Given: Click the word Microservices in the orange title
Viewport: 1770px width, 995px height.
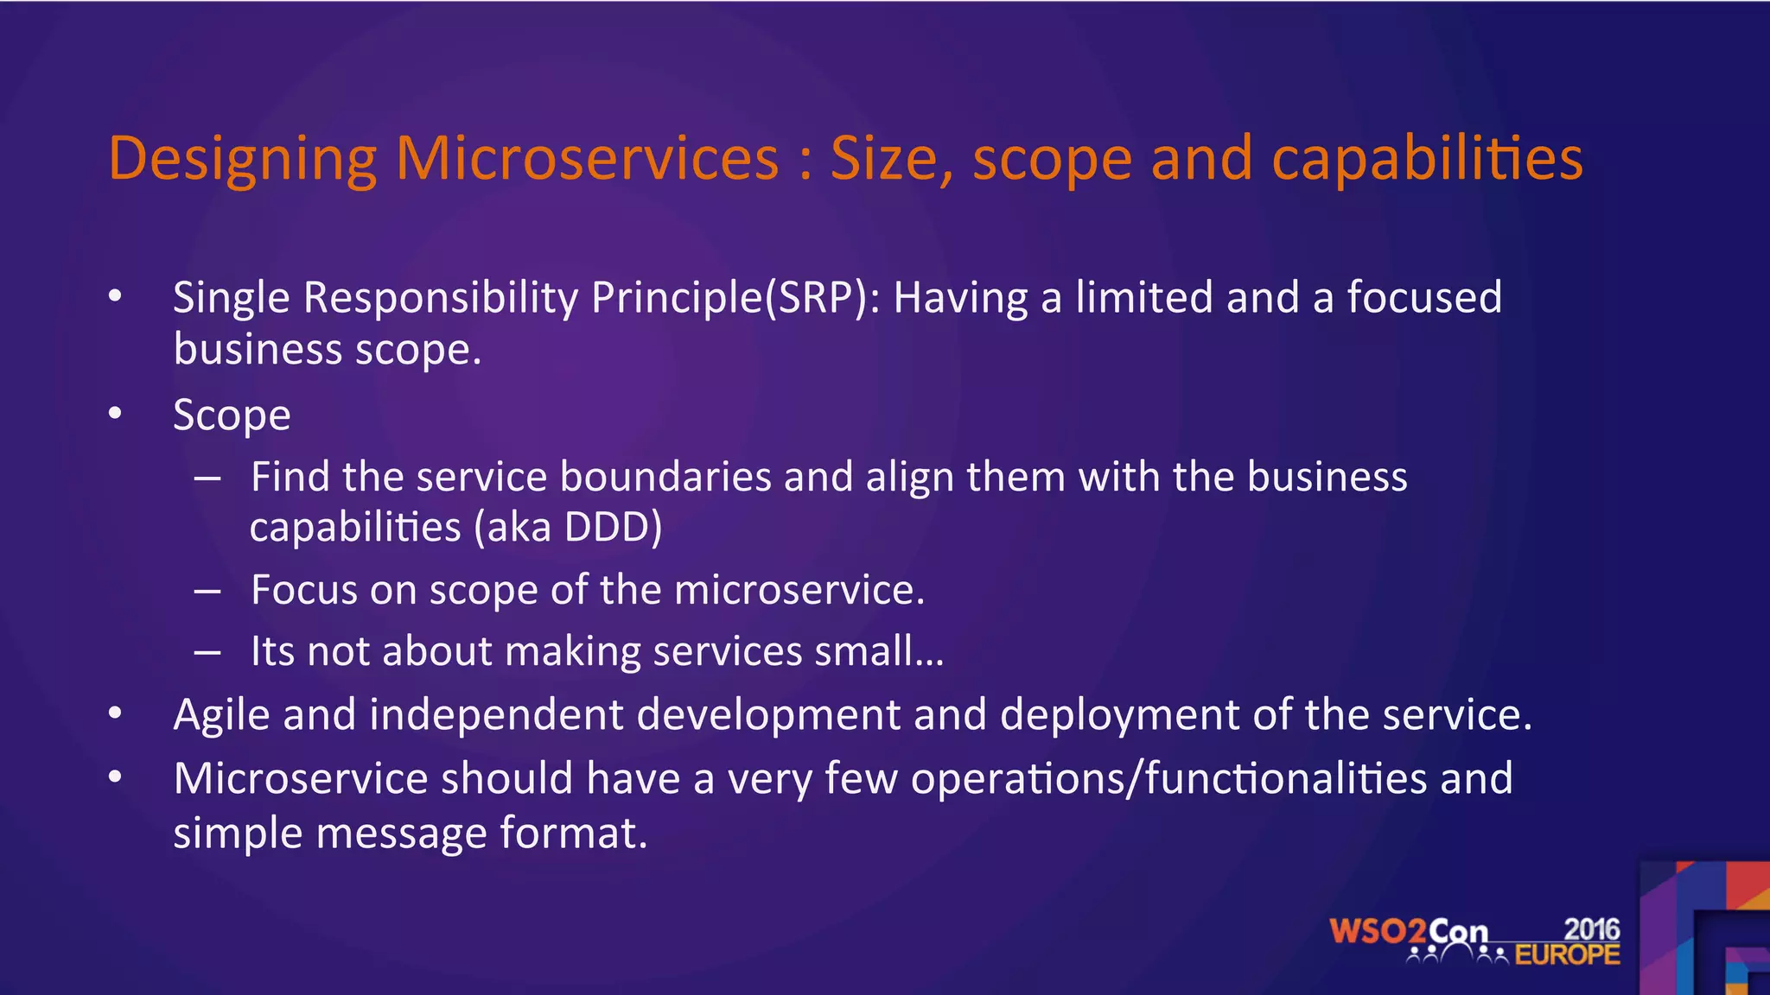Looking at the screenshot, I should (587, 159).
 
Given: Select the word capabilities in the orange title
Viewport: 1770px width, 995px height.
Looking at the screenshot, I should (1427, 159).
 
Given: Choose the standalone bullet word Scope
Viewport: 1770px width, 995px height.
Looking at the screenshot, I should (232, 415).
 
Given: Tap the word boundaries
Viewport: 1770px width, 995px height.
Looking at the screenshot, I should (665, 477).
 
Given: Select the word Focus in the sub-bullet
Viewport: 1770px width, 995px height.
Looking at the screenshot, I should (303, 590).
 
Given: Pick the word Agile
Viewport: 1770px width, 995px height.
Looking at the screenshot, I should (221, 715).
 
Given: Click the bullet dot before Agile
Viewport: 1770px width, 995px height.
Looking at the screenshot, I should (116, 714).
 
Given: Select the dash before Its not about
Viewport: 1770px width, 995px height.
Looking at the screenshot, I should (207, 652).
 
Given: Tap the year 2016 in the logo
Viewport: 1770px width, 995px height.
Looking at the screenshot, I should (1592, 929).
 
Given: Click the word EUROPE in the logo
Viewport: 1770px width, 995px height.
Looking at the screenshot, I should (1567, 955).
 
